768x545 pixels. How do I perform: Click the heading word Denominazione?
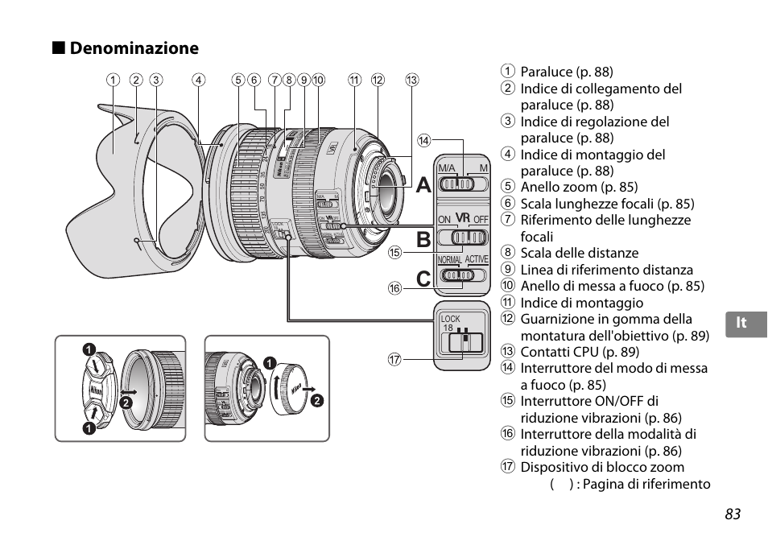pyautogui.click(x=134, y=48)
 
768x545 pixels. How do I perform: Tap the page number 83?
pyautogui.click(x=732, y=514)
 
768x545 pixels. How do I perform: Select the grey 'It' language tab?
pyautogui.click(x=741, y=323)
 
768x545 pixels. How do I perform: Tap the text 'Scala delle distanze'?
pyautogui.click(x=580, y=254)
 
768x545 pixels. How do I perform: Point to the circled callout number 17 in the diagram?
pyautogui.click(x=394, y=360)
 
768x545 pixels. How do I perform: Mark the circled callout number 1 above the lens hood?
pyautogui.click(x=114, y=80)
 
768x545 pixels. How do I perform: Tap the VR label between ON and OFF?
pyautogui.click(x=462, y=218)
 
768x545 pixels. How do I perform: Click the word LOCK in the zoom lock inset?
pyautogui.click(x=450, y=319)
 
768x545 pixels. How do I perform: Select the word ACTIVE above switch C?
pyautogui.click(x=477, y=260)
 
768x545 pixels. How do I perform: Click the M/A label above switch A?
pyautogui.click(x=447, y=167)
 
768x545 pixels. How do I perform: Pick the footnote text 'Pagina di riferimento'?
pyautogui.click(x=644, y=484)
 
